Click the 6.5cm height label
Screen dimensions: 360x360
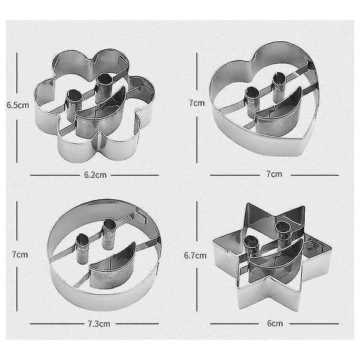pyautogui.click(x=18, y=105)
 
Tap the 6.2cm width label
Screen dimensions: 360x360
pyautogui.click(x=95, y=175)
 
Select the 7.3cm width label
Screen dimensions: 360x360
pyautogui.click(x=99, y=324)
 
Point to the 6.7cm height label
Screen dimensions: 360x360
pyautogui.click(x=195, y=256)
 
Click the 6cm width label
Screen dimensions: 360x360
pyautogui.click(x=275, y=323)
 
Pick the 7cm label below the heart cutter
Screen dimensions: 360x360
pyautogui.click(x=274, y=174)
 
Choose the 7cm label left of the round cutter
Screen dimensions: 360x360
pyautogui.click(x=20, y=254)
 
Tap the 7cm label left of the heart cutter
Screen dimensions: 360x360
pyautogui.click(x=197, y=103)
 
